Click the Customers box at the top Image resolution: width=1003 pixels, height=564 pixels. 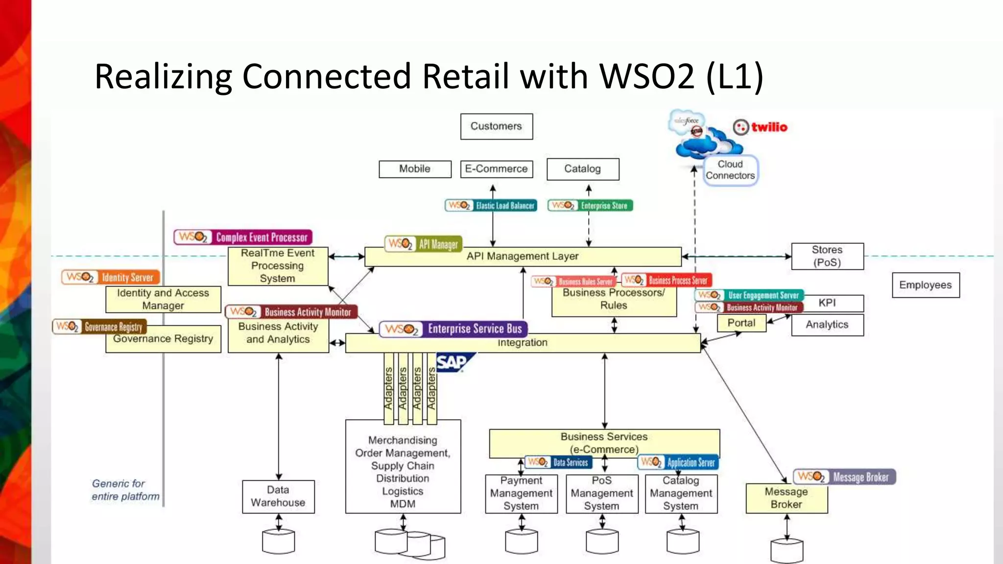(x=496, y=126)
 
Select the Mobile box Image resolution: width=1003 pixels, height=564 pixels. (x=415, y=169)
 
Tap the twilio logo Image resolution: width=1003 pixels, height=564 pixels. (x=760, y=127)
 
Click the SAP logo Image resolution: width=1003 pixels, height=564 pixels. (x=453, y=363)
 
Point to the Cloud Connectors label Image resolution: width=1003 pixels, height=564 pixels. (x=730, y=170)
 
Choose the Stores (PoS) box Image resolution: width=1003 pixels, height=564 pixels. (x=827, y=256)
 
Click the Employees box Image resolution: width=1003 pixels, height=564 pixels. (x=925, y=285)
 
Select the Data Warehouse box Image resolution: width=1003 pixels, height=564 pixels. (x=278, y=496)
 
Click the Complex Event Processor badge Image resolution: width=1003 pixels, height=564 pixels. (x=243, y=237)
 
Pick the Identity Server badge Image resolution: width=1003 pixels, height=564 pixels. (x=111, y=277)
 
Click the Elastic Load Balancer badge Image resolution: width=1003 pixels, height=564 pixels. (x=491, y=206)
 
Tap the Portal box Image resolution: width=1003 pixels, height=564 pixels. (x=741, y=323)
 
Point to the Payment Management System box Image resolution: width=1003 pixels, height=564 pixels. (x=521, y=493)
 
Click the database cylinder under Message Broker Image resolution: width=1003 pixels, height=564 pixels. (x=787, y=551)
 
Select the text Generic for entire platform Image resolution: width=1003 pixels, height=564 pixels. (x=125, y=490)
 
